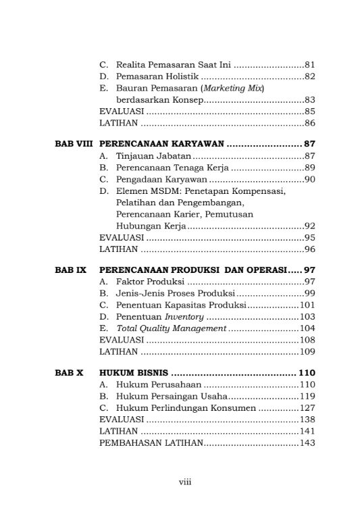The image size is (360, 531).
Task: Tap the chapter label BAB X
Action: [68, 372]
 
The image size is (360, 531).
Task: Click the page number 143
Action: [307, 443]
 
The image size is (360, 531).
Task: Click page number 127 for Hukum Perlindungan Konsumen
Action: [307, 408]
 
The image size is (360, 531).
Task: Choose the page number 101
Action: [307, 305]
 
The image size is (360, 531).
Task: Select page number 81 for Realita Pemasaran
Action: [310, 65]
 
